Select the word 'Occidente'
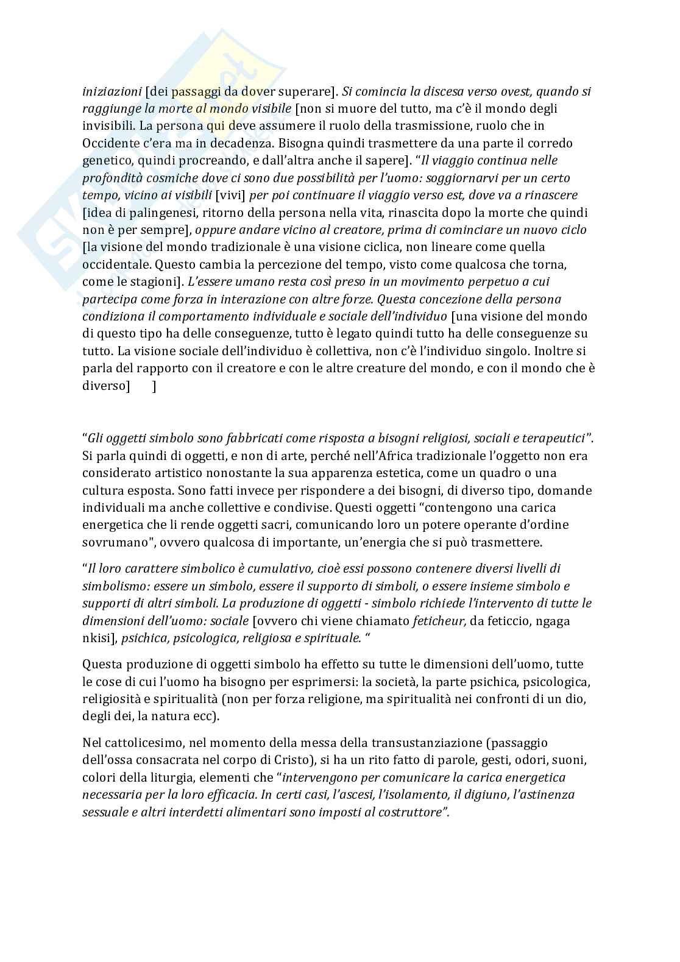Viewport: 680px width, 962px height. click(x=109, y=143)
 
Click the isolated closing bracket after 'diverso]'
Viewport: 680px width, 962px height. click(x=154, y=386)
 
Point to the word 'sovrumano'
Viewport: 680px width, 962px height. click(x=112, y=542)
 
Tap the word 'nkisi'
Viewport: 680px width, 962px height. click(x=96, y=638)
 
